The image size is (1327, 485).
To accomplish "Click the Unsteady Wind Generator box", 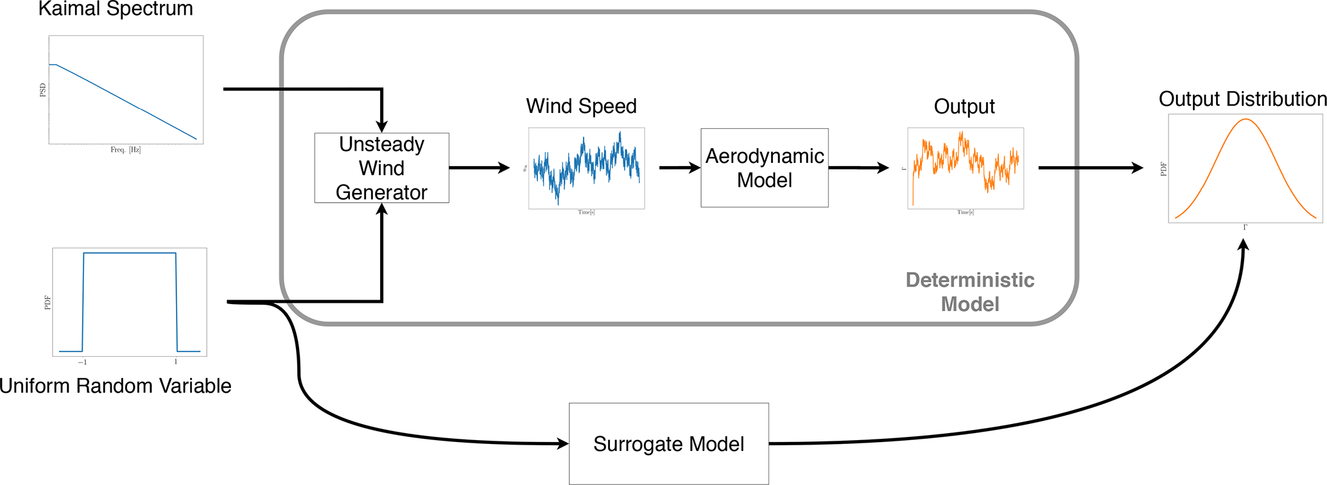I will coord(381,168).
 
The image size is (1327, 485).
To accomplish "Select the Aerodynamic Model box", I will coord(764,168).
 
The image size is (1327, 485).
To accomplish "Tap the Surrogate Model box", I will coord(668,444).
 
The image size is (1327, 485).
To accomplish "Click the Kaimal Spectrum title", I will coord(116,9).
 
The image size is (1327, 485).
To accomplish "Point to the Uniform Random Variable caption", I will coord(116,386).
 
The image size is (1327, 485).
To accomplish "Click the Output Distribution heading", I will coord(1242,99).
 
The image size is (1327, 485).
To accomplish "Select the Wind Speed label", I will coord(581,106).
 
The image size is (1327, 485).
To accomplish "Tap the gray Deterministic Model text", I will coord(969,292).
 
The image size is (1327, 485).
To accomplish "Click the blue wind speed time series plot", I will coord(586,168).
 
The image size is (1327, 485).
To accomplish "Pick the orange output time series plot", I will coord(965,168).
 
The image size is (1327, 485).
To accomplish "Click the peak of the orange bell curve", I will coord(1245,119).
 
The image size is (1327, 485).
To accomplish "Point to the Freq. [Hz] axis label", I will coord(125,149).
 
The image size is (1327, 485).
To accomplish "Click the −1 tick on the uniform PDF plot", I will coord(82,362).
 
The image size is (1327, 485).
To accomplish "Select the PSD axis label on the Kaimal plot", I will coord(43,90).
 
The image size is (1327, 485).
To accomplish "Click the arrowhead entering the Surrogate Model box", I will coord(563,443).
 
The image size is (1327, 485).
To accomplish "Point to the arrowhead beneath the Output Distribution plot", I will coord(1244,244).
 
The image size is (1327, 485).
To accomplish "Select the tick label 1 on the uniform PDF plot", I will coord(176,362).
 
